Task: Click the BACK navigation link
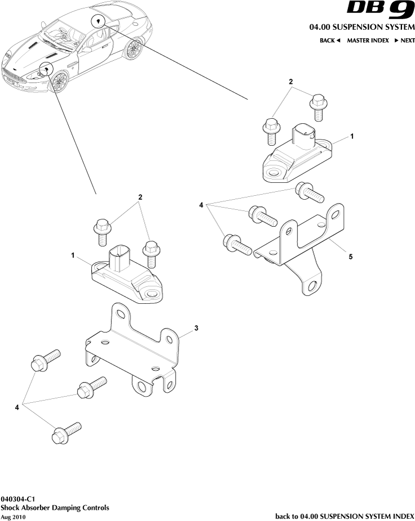click(x=330, y=41)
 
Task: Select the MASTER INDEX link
click(x=368, y=41)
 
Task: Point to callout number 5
click(x=350, y=257)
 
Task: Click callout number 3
click(x=196, y=327)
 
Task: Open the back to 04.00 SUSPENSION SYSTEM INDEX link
click(x=345, y=516)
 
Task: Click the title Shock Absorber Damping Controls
click(x=55, y=507)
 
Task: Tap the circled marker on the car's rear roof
click(x=99, y=21)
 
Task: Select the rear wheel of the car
click(x=134, y=50)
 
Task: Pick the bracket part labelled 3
click(x=135, y=349)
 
